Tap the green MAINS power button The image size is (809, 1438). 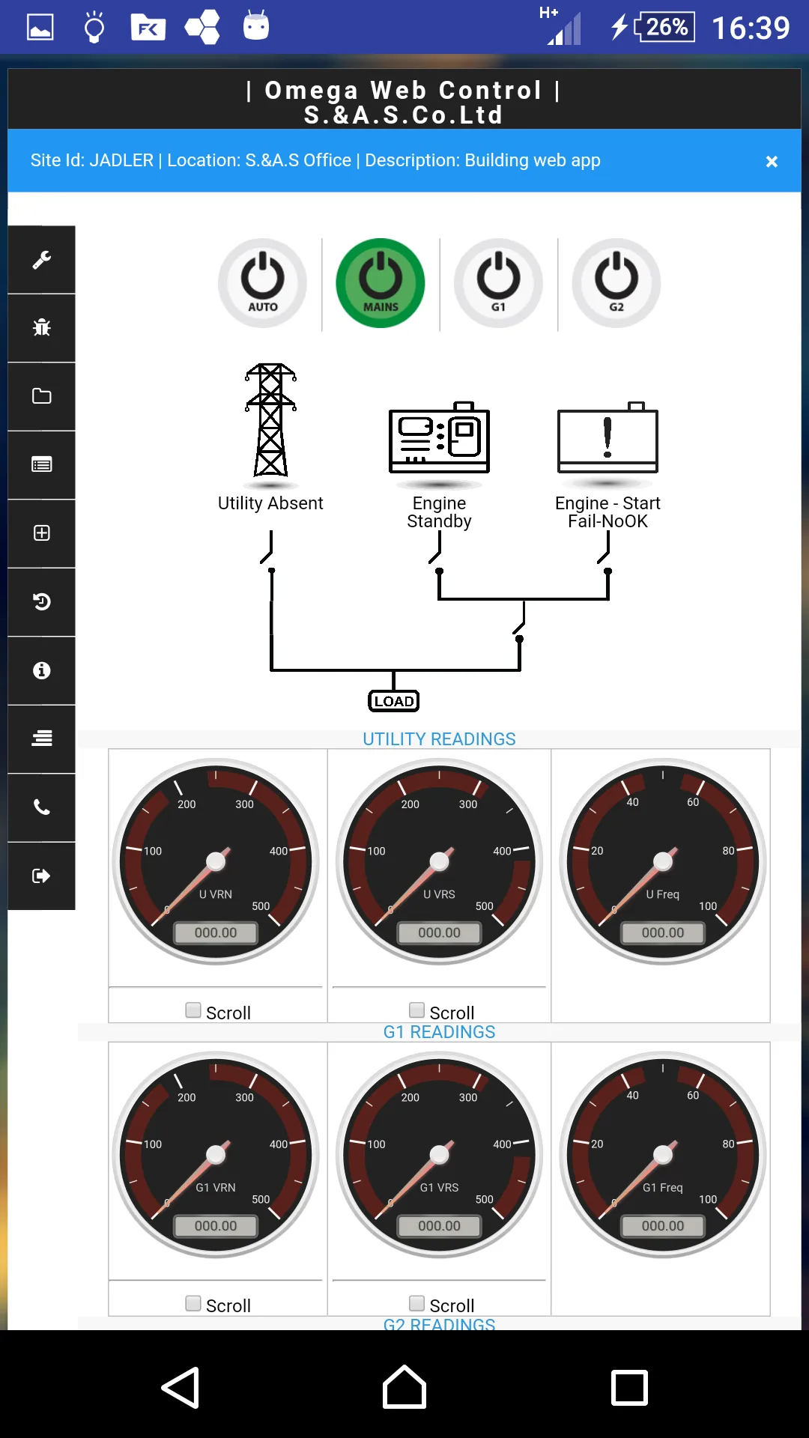click(x=381, y=283)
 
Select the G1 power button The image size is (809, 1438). click(x=498, y=283)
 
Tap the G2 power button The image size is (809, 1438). click(x=616, y=283)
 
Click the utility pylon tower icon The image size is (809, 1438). click(x=270, y=421)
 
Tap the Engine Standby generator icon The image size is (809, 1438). click(x=439, y=438)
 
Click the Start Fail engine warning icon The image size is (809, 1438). click(x=607, y=438)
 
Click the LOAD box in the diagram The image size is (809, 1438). click(x=394, y=701)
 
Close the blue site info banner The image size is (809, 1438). click(x=772, y=162)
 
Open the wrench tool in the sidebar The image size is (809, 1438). click(x=42, y=259)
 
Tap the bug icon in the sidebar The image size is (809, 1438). click(x=42, y=327)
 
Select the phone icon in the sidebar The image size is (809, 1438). click(x=42, y=807)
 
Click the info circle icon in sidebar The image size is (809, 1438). click(x=42, y=670)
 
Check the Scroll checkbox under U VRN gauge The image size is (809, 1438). click(x=193, y=1010)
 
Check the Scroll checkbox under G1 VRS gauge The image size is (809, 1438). click(x=417, y=1303)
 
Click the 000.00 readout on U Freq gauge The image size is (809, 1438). click(x=663, y=932)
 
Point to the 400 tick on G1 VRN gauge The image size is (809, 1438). click(x=279, y=1144)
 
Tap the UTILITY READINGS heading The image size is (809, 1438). click(x=439, y=739)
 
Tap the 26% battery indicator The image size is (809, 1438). click(x=666, y=27)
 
